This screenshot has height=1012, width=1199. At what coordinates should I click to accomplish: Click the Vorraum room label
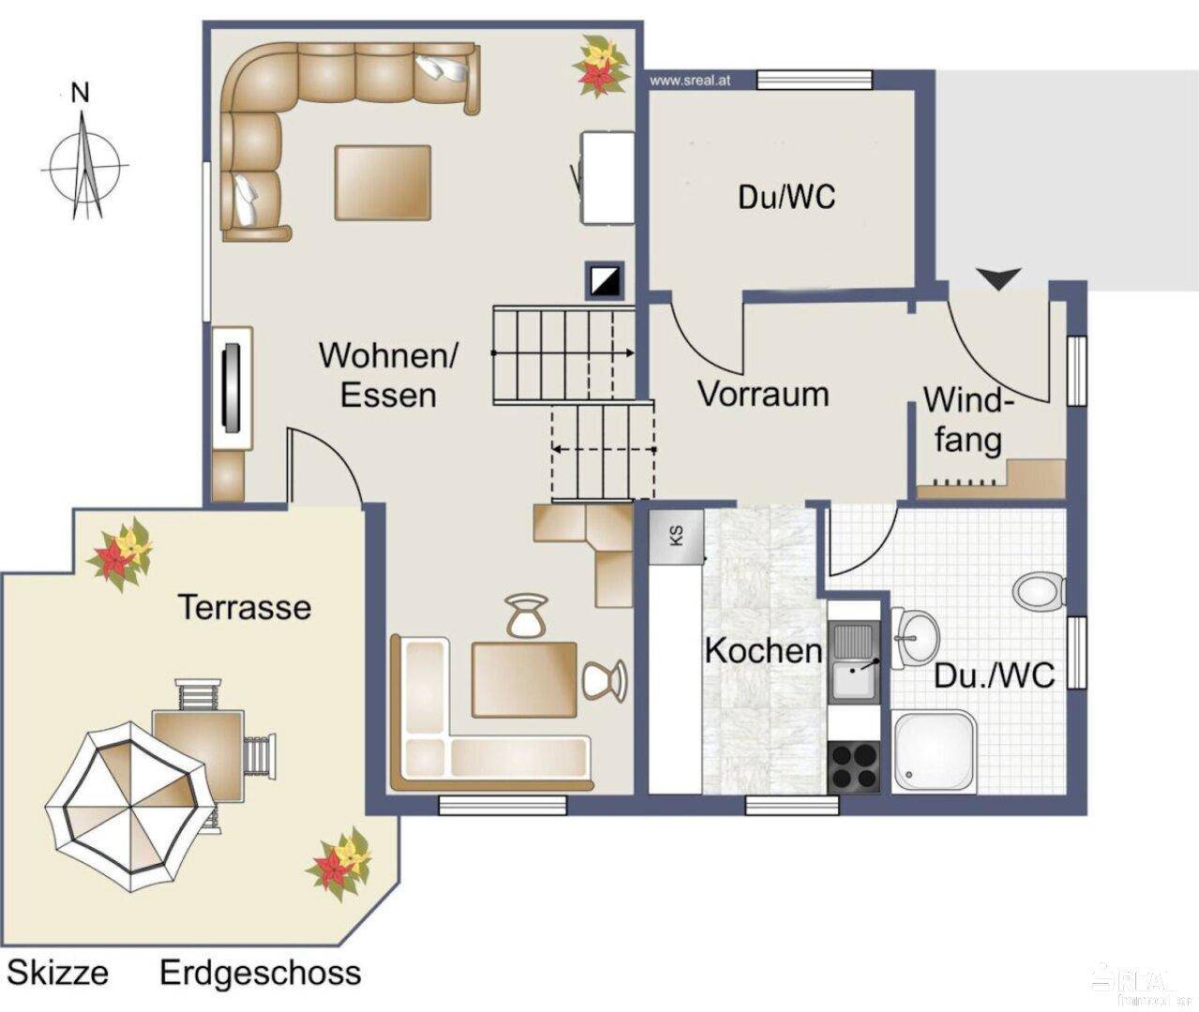pos(763,394)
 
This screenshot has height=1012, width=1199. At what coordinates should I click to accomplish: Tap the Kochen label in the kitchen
pos(763,649)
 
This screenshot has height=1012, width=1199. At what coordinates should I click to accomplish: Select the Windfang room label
pos(967,419)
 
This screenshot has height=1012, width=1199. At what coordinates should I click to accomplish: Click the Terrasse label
pos(245,607)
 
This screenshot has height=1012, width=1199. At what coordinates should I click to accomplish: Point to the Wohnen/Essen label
pos(388,375)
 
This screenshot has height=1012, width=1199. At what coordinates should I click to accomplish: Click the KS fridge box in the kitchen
pos(676,537)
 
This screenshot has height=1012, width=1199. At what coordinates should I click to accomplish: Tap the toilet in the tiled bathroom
pos(1039,590)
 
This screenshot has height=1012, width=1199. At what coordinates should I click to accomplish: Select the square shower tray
pos(934,752)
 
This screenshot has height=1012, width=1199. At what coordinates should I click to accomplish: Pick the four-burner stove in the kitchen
pos(853,766)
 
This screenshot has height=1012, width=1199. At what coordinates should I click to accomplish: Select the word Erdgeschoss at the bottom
pos(260,973)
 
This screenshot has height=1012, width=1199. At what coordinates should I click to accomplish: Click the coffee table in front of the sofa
pos(382,183)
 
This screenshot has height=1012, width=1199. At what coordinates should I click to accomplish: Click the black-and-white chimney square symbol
pos(605,279)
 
